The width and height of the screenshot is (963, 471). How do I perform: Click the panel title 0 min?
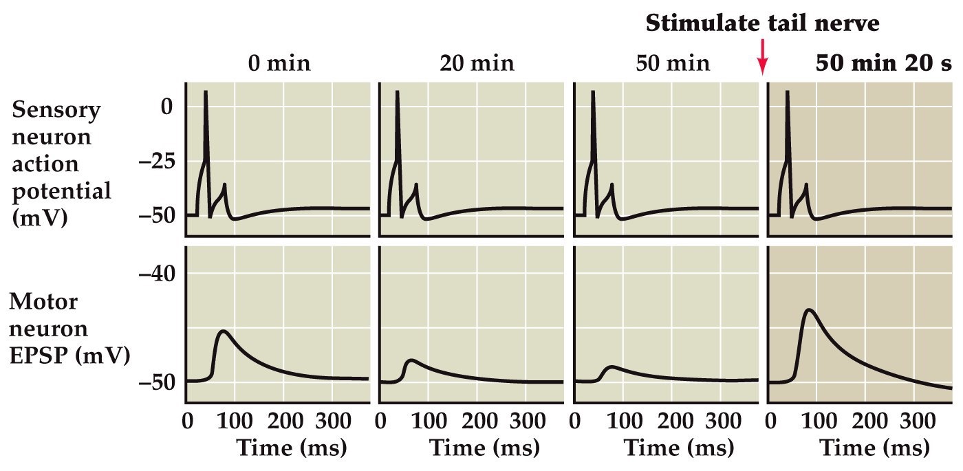pyautogui.click(x=279, y=64)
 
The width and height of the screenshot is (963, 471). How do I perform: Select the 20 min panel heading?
pyautogui.click(x=477, y=64)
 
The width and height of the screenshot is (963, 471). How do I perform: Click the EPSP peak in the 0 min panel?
pyautogui.click(x=223, y=331)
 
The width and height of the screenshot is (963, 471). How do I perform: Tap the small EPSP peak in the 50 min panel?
pyautogui.click(x=612, y=366)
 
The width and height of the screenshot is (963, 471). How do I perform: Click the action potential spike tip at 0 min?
pyautogui.click(x=206, y=91)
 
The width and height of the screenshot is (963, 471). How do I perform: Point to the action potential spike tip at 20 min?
pyautogui.click(x=398, y=91)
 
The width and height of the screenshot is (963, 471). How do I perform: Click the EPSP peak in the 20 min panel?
pyautogui.click(x=412, y=360)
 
